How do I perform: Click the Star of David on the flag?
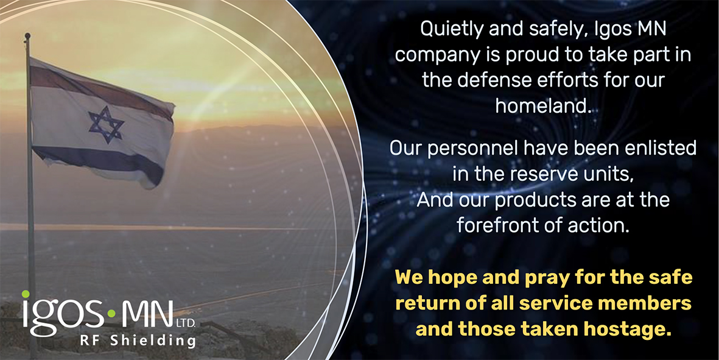click(106, 124)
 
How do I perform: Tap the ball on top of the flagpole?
click(27, 35)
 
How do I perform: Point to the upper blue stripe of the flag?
click(101, 90)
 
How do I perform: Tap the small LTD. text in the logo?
click(185, 324)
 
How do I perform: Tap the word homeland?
click(542, 105)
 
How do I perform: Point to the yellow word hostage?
click(625, 330)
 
